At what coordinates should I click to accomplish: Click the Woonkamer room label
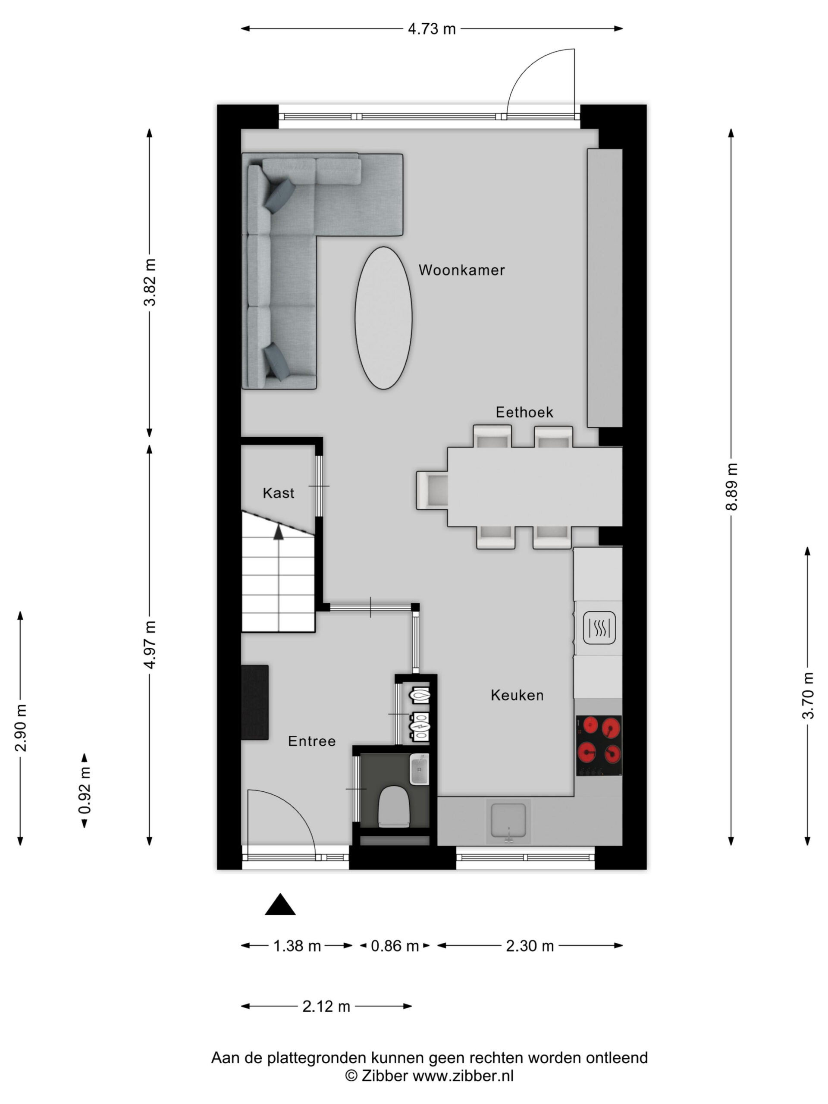461,270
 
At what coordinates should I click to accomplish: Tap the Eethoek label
524,412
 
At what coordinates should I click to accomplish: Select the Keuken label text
517,695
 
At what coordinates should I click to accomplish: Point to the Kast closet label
278,493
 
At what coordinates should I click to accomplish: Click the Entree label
311,741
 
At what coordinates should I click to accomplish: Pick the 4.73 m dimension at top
432,29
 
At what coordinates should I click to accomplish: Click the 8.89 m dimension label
731,486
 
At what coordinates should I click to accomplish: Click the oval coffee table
383,318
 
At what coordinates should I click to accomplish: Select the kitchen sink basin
508,819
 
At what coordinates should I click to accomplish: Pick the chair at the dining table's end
432,490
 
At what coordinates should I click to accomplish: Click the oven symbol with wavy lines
599,628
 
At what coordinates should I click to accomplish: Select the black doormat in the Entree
255,702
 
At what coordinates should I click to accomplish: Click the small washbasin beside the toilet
419,769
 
